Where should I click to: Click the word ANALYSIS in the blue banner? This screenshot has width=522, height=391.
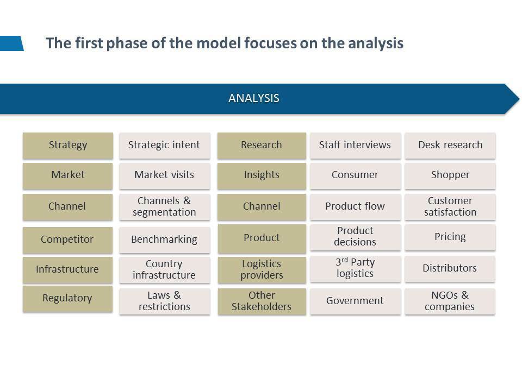pyautogui.click(x=254, y=98)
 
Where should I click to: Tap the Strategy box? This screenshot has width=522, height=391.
pyautogui.click(x=68, y=146)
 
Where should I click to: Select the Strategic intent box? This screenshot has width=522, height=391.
pyautogui.click(x=164, y=146)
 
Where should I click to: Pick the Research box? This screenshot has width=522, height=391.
pyautogui.click(x=262, y=146)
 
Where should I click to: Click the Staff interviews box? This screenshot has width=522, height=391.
pyautogui.click(x=355, y=146)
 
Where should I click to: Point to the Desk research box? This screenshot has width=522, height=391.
pyautogui.click(x=450, y=146)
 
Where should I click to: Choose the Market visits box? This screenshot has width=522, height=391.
pyautogui.click(x=164, y=176)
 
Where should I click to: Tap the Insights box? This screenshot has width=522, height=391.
pyautogui.click(x=262, y=176)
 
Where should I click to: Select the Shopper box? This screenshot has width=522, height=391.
pyautogui.click(x=450, y=176)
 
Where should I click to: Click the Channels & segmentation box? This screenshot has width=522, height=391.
pyautogui.click(x=164, y=207)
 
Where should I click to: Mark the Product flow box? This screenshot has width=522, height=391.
pyautogui.click(x=355, y=207)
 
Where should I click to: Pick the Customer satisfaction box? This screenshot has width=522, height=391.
pyautogui.click(x=450, y=207)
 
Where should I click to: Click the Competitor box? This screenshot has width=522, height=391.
pyautogui.click(x=67, y=239)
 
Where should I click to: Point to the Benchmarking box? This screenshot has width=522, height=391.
pyautogui.click(x=164, y=239)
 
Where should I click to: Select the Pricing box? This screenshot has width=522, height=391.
pyautogui.click(x=450, y=237)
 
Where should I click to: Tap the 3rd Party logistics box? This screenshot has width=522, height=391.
pyautogui.click(x=355, y=269)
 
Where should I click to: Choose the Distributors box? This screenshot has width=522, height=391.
pyautogui.click(x=450, y=269)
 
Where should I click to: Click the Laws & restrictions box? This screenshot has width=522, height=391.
pyautogui.click(x=164, y=301)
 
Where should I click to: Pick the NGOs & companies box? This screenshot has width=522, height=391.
pyautogui.click(x=450, y=301)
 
